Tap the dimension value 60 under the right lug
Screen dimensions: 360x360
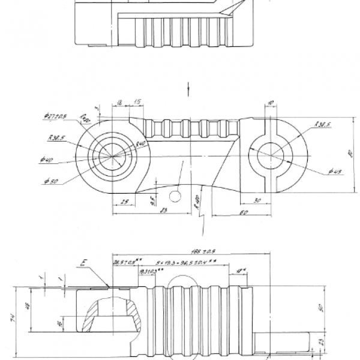tap(245, 212)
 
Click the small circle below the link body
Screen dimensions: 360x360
tap(175, 196)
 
